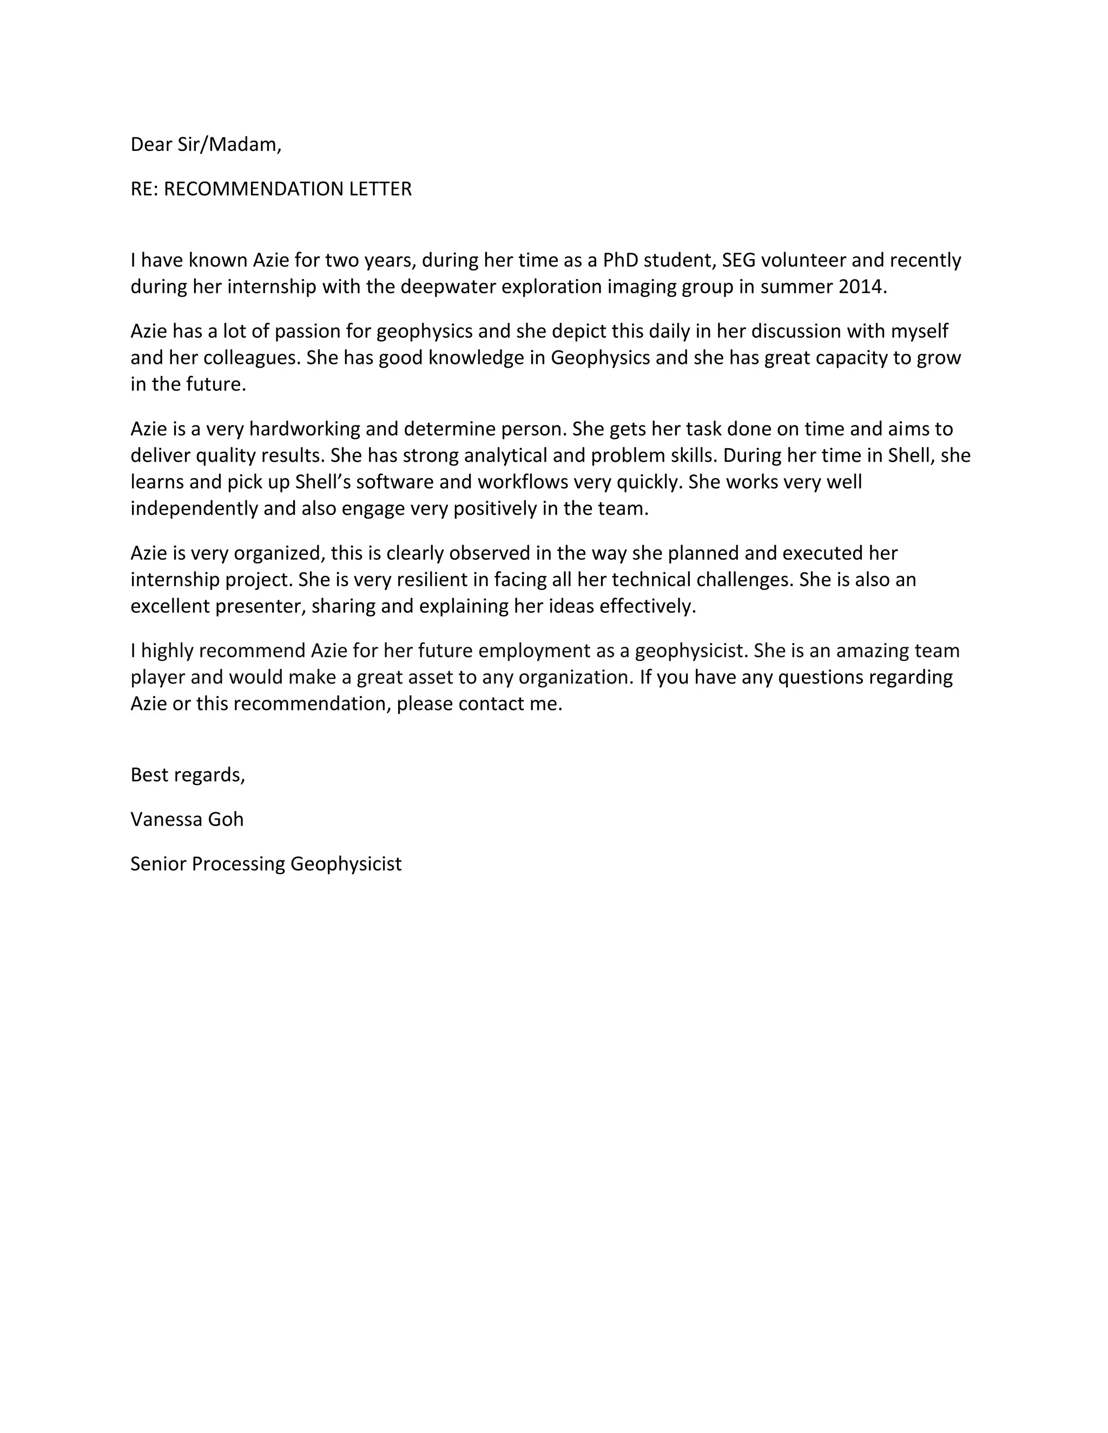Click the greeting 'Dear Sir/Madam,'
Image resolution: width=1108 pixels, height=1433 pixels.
[206, 144]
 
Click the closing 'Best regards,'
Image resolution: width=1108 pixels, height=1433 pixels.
[188, 775]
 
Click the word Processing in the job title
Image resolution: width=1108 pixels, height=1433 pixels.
[238, 864]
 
